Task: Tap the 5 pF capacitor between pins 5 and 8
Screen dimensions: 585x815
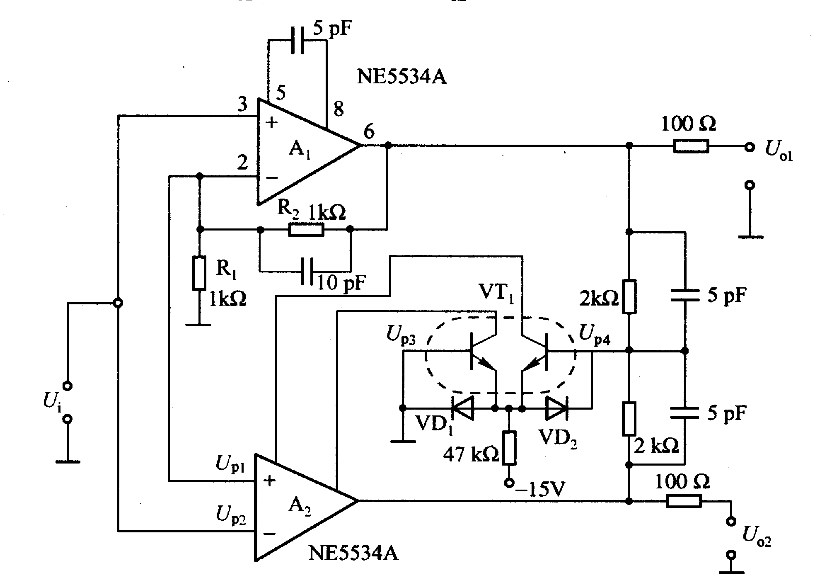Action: [297, 40]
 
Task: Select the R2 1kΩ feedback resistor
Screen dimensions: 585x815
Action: [306, 229]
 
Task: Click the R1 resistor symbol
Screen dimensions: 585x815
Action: [199, 273]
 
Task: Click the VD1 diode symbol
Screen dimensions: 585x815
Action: [462, 408]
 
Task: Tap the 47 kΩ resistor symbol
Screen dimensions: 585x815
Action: [509, 448]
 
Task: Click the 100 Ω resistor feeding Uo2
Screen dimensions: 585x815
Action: [684, 501]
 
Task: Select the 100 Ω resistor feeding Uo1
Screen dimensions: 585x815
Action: [691, 146]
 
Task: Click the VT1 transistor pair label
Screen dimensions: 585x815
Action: [496, 294]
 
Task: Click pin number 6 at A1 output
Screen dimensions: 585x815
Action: [369, 132]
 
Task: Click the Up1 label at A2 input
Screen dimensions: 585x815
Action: [230, 464]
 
